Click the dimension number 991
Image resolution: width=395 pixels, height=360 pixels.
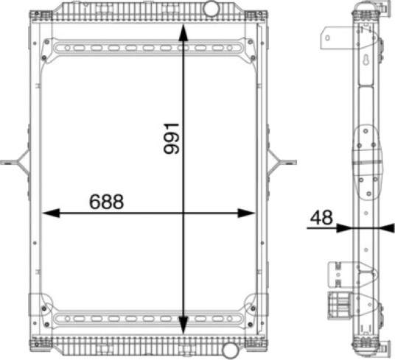pos(171,138)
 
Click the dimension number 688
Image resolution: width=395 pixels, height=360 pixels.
pos(107,202)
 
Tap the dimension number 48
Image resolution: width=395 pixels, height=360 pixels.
pos(321,218)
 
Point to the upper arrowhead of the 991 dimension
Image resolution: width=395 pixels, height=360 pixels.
pos(183,32)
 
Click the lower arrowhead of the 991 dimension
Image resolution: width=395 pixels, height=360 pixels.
pos(183,325)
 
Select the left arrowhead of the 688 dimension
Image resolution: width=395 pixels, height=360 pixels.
pos(51,213)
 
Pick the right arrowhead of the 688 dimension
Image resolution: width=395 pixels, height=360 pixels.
pos(246,213)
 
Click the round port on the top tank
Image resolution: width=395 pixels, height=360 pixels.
pos(211,8)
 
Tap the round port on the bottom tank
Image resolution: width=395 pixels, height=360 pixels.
pos(231,350)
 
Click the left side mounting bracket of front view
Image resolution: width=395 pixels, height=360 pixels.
pos(15,162)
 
